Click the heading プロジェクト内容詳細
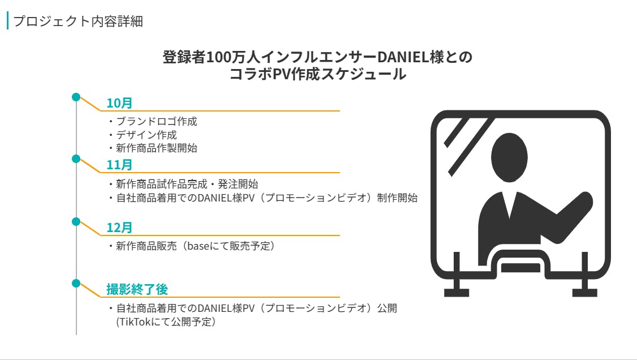78,21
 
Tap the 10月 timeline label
119,103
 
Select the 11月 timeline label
119,165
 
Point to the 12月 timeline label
119,228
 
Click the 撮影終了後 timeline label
137,289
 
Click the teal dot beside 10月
76,97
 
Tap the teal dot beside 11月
76,159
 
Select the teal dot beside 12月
76,221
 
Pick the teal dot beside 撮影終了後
76,283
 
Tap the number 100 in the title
219,57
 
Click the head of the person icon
509,157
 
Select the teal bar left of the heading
8,21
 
